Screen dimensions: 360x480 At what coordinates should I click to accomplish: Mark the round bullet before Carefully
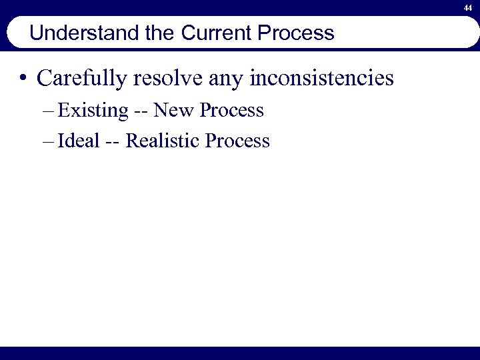click(x=24, y=79)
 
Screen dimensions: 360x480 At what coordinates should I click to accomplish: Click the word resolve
click(x=170, y=79)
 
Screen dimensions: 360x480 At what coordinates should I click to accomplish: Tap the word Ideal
click(x=79, y=141)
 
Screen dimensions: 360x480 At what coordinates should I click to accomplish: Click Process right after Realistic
click(x=237, y=141)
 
